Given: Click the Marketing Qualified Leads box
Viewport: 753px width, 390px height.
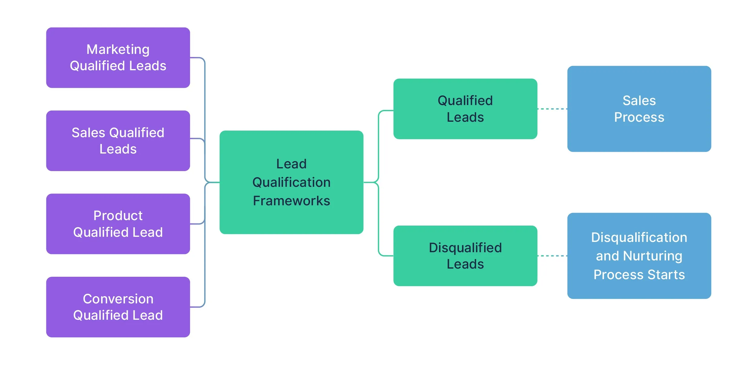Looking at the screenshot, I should tap(118, 58).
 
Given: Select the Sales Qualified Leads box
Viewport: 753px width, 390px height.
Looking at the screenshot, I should tap(118, 140).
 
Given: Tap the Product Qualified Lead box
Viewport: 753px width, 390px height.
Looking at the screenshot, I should tap(118, 224).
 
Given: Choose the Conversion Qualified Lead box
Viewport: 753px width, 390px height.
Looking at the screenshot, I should tap(118, 307).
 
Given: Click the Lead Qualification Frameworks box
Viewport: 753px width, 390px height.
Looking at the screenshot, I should tap(291, 182).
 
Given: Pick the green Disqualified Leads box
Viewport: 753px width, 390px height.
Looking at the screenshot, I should tap(465, 256).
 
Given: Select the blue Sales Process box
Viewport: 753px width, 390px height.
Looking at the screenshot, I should tap(639, 109).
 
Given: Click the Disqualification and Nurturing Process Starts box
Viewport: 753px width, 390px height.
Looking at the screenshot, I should tap(639, 256).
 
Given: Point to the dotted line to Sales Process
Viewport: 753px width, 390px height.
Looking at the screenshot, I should tap(552, 109).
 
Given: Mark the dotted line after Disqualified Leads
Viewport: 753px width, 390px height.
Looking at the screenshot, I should tap(552, 256).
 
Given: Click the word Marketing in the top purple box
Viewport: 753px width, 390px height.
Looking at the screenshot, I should tap(118, 50).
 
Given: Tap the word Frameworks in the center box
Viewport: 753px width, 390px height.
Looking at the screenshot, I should tap(291, 201).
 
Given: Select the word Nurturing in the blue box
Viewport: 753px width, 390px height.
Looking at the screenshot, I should tap(652, 256).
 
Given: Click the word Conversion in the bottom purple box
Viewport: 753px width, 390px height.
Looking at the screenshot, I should tap(118, 299).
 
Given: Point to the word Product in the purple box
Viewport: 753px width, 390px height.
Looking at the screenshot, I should tap(118, 216).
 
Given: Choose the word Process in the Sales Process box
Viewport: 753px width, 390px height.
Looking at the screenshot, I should tap(639, 117).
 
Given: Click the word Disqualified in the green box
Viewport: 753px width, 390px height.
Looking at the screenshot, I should tap(465, 248).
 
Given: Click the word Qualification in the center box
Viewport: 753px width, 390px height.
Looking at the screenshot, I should tap(291, 182).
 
